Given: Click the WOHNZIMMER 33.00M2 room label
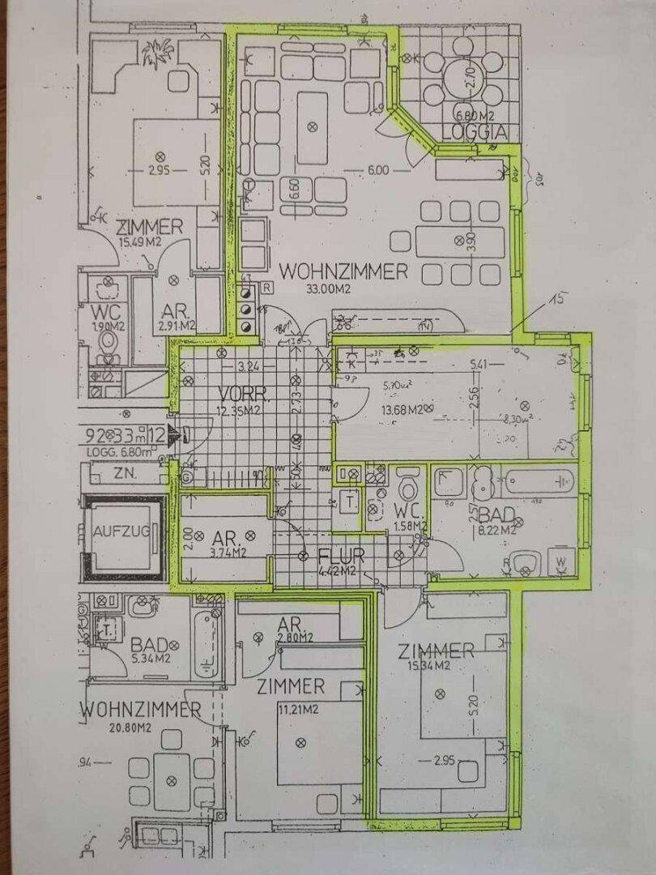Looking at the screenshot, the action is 344,271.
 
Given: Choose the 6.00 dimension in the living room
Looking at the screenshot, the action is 377,170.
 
